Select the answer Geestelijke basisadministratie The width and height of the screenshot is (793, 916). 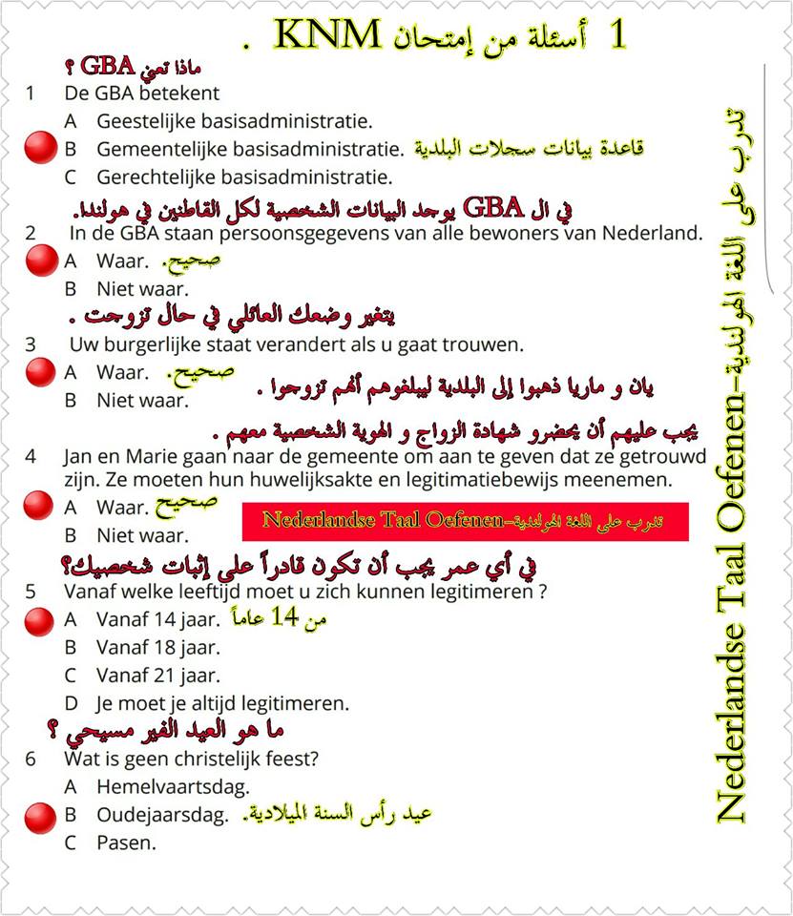click(x=234, y=121)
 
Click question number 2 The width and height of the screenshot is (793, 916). click(x=31, y=233)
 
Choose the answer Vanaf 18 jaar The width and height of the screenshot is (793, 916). click(x=157, y=648)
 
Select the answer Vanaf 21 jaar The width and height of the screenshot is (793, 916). click(x=157, y=676)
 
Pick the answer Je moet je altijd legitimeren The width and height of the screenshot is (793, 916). click(x=222, y=704)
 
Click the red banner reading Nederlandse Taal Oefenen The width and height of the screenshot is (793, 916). click(x=466, y=521)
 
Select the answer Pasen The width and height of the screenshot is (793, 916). click(x=126, y=843)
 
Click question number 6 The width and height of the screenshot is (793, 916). click(x=31, y=760)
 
